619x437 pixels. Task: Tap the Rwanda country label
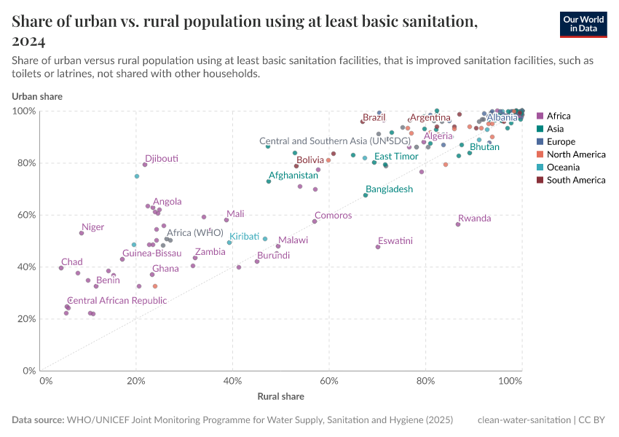(474, 219)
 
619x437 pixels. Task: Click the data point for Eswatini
(378, 247)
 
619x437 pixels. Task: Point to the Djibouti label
(161, 159)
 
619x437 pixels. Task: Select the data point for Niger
(82, 233)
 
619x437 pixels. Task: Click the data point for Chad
(61, 268)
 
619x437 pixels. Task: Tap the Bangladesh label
(389, 189)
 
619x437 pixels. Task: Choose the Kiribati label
(245, 237)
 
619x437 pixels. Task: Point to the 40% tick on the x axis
(232, 381)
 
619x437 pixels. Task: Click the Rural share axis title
(280, 397)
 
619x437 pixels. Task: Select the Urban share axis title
(36, 96)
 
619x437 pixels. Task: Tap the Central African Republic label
(117, 301)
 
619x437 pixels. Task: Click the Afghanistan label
(293, 176)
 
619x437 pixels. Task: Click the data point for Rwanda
(458, 224)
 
